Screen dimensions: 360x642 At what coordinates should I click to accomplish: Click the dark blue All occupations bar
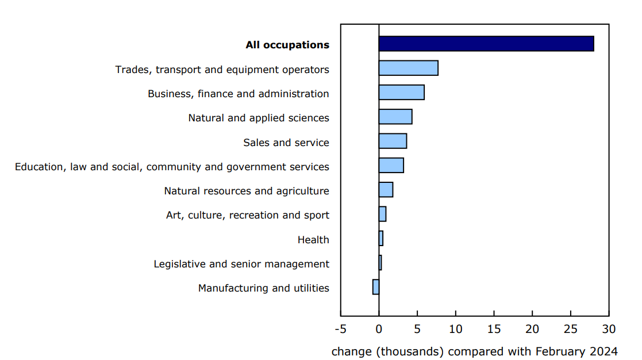pos(486,44)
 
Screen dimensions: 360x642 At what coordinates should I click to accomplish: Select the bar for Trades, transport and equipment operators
pos(408,68)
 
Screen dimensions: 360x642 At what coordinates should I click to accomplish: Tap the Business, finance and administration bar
pos(401,93)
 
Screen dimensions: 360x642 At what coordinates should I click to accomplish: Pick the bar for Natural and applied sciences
pos(395,117)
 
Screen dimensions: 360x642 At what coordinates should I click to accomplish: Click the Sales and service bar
pos(393,141)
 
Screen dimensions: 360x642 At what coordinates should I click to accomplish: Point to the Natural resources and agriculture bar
pos(386,190)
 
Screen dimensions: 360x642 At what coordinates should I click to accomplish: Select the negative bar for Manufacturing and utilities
pos(376,287)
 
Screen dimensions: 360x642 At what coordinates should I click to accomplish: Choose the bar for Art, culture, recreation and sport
pos(382,214)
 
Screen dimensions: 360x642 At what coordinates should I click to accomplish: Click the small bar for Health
pos(381,238)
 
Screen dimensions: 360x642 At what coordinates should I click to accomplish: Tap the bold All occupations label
pos(287,45)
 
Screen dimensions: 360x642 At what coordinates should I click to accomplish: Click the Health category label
pos(313,240)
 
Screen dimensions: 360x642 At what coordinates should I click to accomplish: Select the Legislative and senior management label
pos(241,264)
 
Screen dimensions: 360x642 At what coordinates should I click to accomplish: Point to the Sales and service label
pos(286,143)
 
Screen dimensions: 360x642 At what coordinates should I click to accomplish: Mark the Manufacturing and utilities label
pos(263,288)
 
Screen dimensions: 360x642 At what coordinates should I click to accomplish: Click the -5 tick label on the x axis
pos(340,330)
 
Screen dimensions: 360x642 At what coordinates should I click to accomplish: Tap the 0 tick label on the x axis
pos(379,330)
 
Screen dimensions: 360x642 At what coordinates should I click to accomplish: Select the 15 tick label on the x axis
pos(494,330)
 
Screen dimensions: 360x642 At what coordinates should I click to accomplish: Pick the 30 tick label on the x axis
pos(609,330)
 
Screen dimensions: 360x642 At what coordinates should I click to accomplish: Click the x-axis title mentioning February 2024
pos(474,351)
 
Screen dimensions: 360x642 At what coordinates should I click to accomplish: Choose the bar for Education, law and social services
pos(391,166)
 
